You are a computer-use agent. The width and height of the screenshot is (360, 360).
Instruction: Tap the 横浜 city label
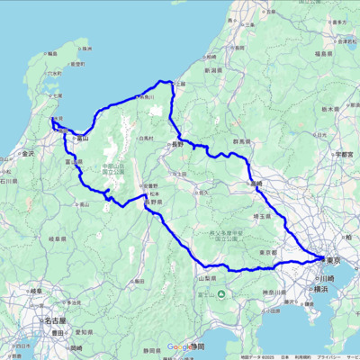(x=320, y=291)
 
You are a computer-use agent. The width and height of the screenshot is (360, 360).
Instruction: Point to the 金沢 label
(x=28, y=154)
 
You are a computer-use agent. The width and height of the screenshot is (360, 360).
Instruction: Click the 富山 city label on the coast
(x=83, y=139)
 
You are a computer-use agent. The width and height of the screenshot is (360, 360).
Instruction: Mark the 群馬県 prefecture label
(x=240, y=142)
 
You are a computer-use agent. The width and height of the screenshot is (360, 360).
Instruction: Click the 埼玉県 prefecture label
(x=263, y=217)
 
